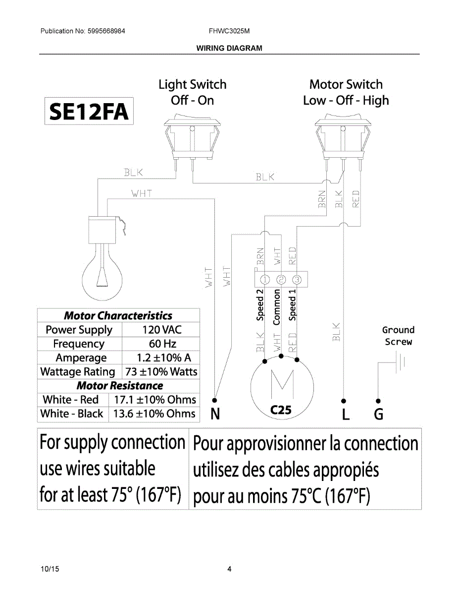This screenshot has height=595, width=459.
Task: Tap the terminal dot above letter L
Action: (344, 400)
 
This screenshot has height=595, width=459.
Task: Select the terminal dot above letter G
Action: (378, 400)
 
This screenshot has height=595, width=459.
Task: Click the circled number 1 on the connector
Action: (265, 279)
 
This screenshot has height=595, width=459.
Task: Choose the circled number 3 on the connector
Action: (297, 279)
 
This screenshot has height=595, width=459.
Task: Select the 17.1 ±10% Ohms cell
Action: (154, 400)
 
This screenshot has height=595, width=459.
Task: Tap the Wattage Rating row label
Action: (77, 372)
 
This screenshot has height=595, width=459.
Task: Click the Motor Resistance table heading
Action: (119, 386)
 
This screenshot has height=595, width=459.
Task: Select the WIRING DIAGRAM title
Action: (229, 48)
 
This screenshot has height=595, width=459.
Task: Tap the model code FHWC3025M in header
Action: (229, 31)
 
